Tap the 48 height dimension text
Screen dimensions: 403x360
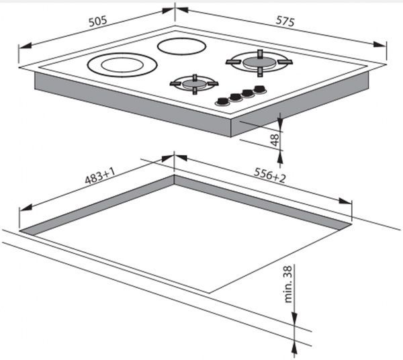click(275, 140)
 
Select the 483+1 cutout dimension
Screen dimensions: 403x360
click(99, 176)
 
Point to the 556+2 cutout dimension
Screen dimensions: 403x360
click(269, 175)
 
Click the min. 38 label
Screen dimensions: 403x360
click(288, 284)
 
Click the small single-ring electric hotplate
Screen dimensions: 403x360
click(182, 46)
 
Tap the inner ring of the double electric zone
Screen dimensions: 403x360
click(120, 64)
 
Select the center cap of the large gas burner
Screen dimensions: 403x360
click(259, 62)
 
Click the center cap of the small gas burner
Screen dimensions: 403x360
click(194, 83)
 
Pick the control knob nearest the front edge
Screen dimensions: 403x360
click(222, 101)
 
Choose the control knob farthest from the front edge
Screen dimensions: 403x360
click(261, 89)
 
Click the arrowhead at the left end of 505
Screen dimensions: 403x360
click(25, 46)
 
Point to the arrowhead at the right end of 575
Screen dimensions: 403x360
click(379, 44)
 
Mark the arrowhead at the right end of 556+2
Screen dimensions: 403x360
click(345, 201)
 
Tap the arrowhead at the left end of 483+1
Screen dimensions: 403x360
click(26, 208)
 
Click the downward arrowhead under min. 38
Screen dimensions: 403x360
click(295, 318)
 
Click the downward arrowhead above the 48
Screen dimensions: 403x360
click(280, 119)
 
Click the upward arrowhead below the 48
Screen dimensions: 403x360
click(280, 157)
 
